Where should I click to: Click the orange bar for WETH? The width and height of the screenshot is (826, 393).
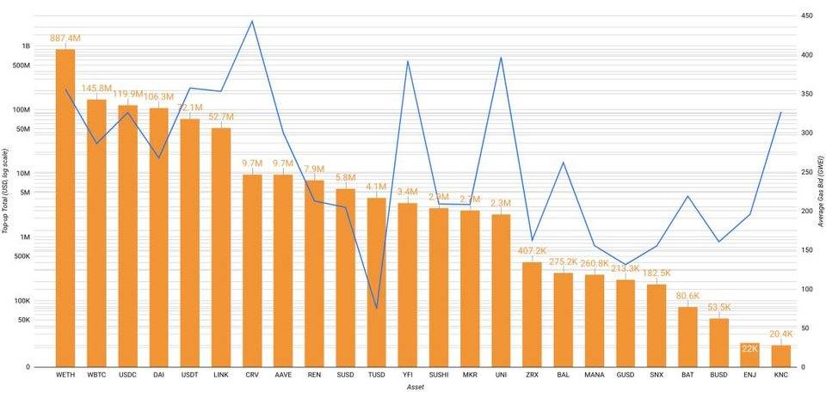(65, 206)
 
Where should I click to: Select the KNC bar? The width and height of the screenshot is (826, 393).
(780, 355)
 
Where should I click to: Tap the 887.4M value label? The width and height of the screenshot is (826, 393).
(65, 39)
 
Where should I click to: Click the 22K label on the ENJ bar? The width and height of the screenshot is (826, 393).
(749, 348)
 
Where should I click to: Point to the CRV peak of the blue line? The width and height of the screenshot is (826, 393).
(251, 21)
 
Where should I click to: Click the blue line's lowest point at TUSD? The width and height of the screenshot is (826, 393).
(376, 308)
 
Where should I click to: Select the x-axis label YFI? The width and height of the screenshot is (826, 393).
(407, 376)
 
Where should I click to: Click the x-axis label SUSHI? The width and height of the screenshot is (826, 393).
(439, 376)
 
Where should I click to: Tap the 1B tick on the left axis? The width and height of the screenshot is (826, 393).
(26, 46)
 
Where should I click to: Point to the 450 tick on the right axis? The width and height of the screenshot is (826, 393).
(808, 16)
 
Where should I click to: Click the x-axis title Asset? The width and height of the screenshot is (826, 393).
(416, 388)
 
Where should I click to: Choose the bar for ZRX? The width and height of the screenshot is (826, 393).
(532, 314)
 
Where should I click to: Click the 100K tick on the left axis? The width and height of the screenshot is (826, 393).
(22, 301)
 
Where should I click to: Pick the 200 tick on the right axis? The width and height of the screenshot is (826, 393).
(808, 211)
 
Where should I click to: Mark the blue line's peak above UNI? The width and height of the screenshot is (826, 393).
(501, 58)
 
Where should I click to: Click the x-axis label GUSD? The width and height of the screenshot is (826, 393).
(625, 376)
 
